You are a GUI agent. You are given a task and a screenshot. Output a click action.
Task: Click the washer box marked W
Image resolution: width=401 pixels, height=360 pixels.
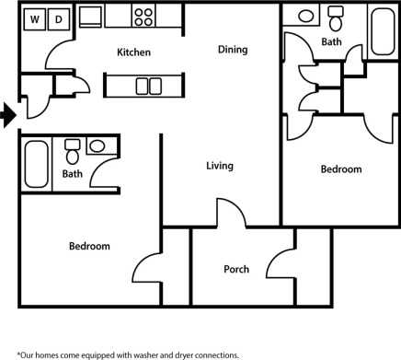tap(35, 18)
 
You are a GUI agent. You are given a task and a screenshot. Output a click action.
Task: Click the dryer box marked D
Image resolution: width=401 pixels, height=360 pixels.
tap(58, 18)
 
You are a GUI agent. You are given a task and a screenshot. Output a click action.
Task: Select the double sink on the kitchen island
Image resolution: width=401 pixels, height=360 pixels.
tap(148, 87)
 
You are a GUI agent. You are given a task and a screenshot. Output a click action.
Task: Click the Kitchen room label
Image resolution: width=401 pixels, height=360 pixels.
tap(133, 52)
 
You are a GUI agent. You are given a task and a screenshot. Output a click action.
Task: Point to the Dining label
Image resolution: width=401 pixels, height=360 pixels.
tap(233, 49)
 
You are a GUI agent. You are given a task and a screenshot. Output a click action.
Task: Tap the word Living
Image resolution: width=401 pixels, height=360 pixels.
tap(219, 166)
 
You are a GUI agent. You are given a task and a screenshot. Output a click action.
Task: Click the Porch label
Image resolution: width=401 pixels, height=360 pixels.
tap(236, 270)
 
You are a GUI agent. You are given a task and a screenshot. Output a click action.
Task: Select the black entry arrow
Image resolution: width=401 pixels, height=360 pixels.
tap(8, 115)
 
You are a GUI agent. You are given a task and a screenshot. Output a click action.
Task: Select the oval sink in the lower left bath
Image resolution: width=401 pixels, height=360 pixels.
tap(97, 146)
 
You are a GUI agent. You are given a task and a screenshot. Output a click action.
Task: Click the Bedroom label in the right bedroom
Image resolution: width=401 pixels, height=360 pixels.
tap(340, 169)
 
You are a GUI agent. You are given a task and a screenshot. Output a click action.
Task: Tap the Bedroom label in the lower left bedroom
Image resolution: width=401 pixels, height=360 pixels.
tap(89, 246)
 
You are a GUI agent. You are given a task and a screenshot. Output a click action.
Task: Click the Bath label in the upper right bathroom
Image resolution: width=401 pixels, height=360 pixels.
tap(332, 42)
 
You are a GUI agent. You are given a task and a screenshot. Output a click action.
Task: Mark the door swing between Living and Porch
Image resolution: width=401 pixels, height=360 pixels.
tap(232, 214)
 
